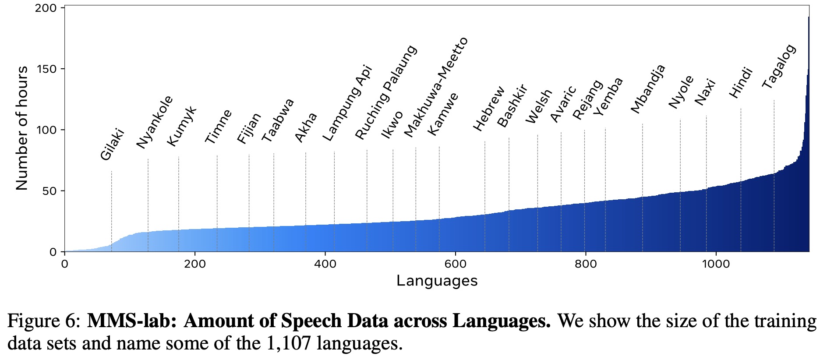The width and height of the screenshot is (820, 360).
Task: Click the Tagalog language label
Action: coord(778,67)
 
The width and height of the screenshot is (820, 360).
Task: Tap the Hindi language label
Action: coord(740,82)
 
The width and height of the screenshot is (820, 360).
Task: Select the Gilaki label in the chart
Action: coord(113,145)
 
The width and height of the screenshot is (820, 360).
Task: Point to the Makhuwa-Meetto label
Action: coord(436,87)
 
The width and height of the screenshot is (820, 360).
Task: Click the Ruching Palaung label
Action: coord(386,92)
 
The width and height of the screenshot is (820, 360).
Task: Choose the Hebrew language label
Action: coord(489,109)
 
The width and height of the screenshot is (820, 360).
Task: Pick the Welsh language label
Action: coord(539,106)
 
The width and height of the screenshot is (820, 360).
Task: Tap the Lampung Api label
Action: coord(347,103)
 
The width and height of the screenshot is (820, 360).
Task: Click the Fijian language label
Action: coord(249,128)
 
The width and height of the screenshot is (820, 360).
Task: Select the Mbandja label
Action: coord(648,89)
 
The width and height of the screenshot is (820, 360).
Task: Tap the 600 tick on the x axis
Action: coord(455,264)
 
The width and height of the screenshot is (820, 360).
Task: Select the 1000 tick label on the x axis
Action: coord(716,264)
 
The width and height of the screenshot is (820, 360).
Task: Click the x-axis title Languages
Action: coord(437,281)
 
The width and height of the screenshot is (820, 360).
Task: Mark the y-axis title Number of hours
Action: coord(22,128)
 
